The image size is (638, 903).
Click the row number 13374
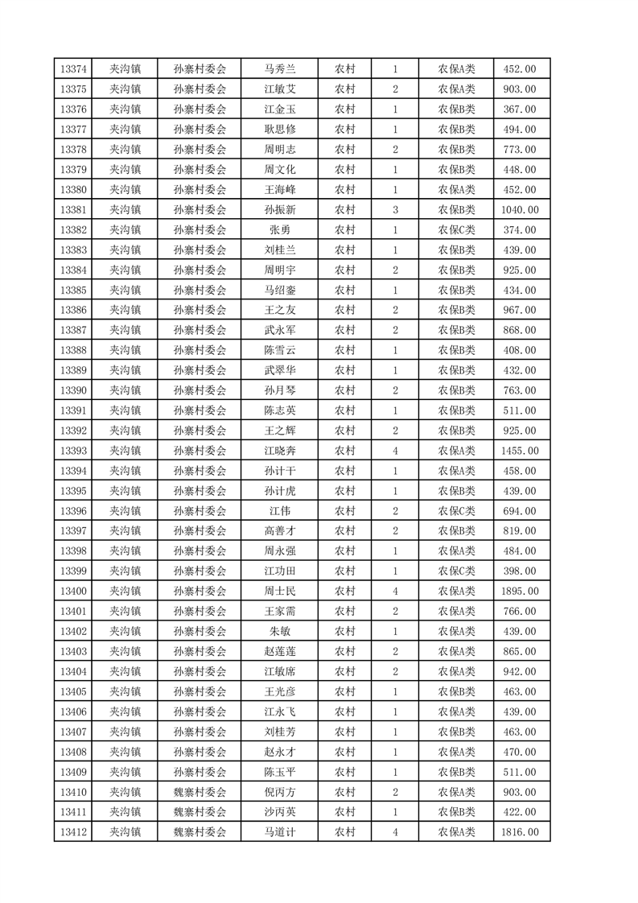(72, 69)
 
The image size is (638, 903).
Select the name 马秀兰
(280, 69)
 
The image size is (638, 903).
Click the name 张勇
(280, 230)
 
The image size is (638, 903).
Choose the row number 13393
(72, 451)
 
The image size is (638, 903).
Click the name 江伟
(280, 511)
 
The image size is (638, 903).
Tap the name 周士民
(280, 592)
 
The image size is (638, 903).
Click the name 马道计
(280, 832)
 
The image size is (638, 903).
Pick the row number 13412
(72, 832)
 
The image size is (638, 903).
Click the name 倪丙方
(280, 792)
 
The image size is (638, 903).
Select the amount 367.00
(519, 109)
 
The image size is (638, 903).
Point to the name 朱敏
(280, 632)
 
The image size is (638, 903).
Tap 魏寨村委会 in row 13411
(200, 812)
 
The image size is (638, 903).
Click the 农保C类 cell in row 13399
(456, 571)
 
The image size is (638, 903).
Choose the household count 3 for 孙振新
(395, 210)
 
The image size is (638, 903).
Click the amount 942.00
(519, 671)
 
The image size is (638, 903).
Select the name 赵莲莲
(280, 651)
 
